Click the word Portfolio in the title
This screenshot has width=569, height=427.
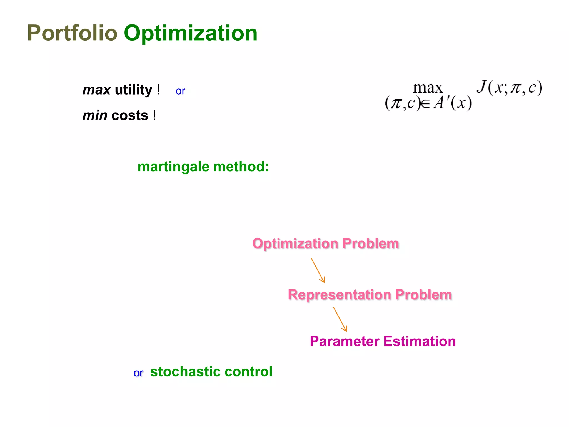(72, 33)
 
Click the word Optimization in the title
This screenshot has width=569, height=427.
(191, 33)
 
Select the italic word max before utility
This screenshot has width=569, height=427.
(97, 90)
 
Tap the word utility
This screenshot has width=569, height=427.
(134, 90)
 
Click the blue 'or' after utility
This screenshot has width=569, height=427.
(180, 91)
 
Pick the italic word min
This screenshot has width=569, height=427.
(95, 116)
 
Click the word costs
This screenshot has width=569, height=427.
(130, 116)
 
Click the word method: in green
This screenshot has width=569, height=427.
(241, 167)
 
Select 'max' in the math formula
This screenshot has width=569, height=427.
(428, 88)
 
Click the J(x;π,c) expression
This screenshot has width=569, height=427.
(510, 88)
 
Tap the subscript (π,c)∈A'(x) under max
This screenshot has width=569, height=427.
(428, 103)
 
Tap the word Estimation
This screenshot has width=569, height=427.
(420, 341)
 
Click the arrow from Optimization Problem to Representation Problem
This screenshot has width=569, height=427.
(318, 270)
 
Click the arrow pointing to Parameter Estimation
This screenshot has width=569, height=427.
(340, 319)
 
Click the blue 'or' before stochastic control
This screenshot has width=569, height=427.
(138, 373)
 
